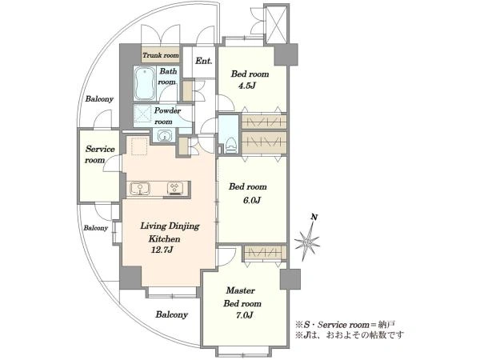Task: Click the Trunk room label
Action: tap(161, 55)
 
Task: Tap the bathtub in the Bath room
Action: tap(145, 83)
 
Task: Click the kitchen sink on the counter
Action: tap(139, 188)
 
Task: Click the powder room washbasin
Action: tap(166, 135)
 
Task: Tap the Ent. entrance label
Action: tap(204, 61)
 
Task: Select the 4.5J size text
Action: tap(247, 86)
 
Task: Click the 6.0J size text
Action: tap(252, 201)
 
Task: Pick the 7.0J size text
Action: tap(244, 315)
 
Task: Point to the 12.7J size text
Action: tap(162, 250)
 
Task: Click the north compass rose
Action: tap(307, 242)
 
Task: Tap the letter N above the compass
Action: tap(314, 218)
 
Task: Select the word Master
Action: tap(240, 290)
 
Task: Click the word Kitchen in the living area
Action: tap(164, 238)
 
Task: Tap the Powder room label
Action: tap(167, 116)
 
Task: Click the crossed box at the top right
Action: tap(277, 25)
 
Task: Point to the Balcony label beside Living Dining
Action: tap(96, 228)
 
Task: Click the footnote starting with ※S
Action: tap(346, 325)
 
